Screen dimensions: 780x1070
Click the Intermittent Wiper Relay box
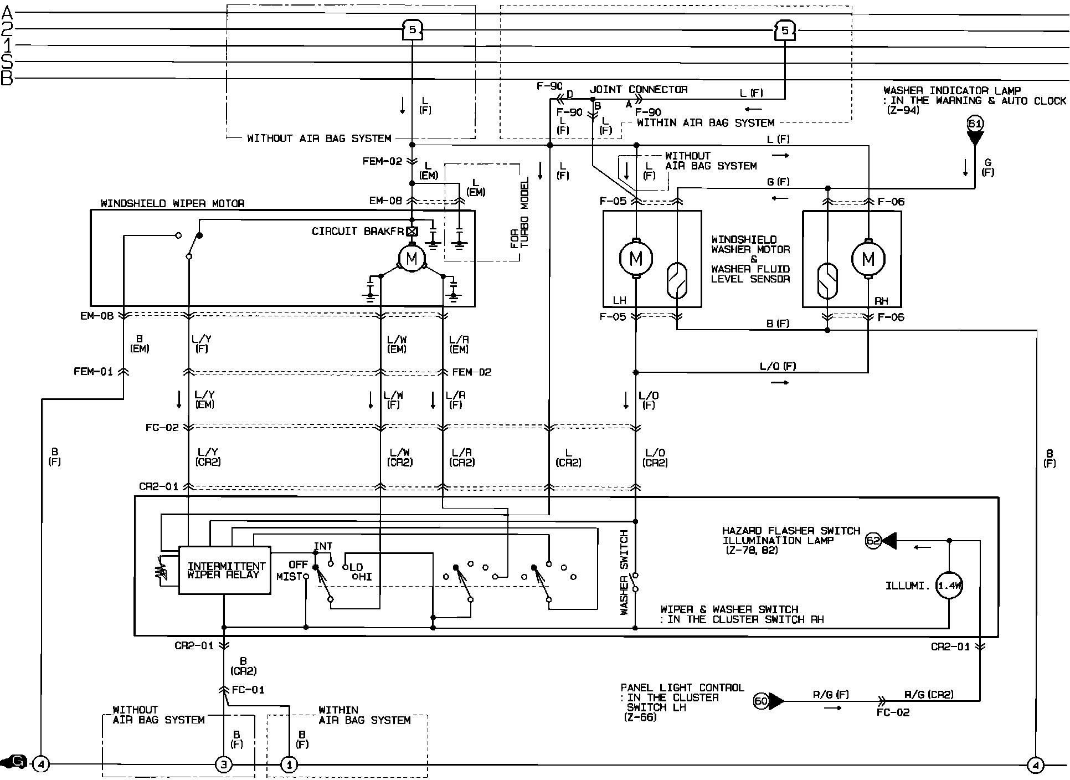tap(224, 571)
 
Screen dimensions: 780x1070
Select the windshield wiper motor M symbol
tap(411, 258)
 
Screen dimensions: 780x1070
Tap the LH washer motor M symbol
tap(636, 258)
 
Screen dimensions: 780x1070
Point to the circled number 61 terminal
tap(975, 124)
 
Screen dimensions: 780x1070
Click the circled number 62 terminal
tap(873, 541)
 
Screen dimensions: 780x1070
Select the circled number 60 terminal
tap(762, 701)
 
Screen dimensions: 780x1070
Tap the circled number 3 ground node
tap(223, 765)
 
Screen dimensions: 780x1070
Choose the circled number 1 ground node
tap(289, 765)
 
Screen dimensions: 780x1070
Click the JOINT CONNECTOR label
tap(639, 89)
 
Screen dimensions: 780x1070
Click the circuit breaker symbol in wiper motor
tap(411, 232)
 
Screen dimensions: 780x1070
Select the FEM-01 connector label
tap(93, 371)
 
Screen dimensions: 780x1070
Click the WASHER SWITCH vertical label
tap(624, 572)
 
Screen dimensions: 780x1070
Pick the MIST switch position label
tap(289, 577)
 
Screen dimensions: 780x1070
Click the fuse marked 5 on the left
tap(411, 30)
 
